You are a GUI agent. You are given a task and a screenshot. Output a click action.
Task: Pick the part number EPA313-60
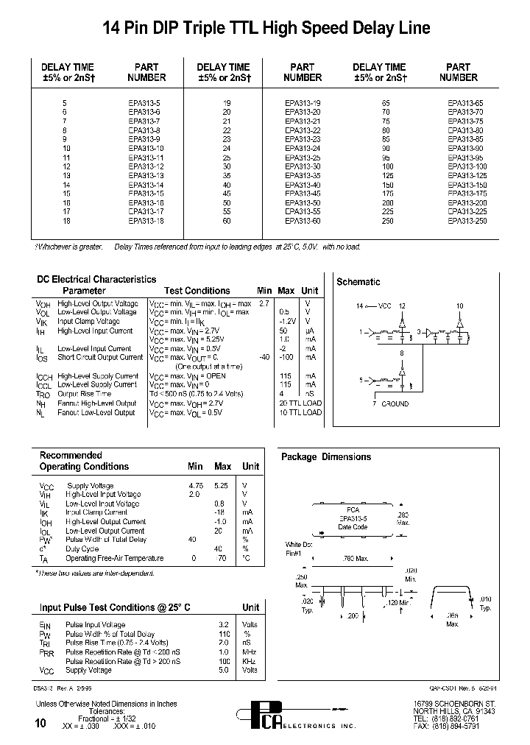coord(303,220)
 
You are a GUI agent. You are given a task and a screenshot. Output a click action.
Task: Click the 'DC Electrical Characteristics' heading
coord(96,279)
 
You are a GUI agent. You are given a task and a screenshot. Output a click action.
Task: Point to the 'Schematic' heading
coord(358,281)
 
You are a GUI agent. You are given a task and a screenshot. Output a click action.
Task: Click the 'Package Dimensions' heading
coord(326,456)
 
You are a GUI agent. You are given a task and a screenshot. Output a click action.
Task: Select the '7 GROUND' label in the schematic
coord(391,403)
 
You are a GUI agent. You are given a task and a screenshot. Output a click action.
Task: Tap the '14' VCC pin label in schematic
coord(360,305)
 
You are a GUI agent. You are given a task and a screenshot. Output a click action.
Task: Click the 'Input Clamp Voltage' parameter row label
coord(88,322)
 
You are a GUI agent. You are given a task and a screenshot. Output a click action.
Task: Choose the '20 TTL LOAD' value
coord(300,403)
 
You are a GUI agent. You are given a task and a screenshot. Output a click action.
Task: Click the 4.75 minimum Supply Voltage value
coord(196,486)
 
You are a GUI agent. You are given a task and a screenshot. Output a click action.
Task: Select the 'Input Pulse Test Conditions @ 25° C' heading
coord(115,607)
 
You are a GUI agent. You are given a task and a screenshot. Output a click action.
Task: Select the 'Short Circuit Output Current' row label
coord(100,358)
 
